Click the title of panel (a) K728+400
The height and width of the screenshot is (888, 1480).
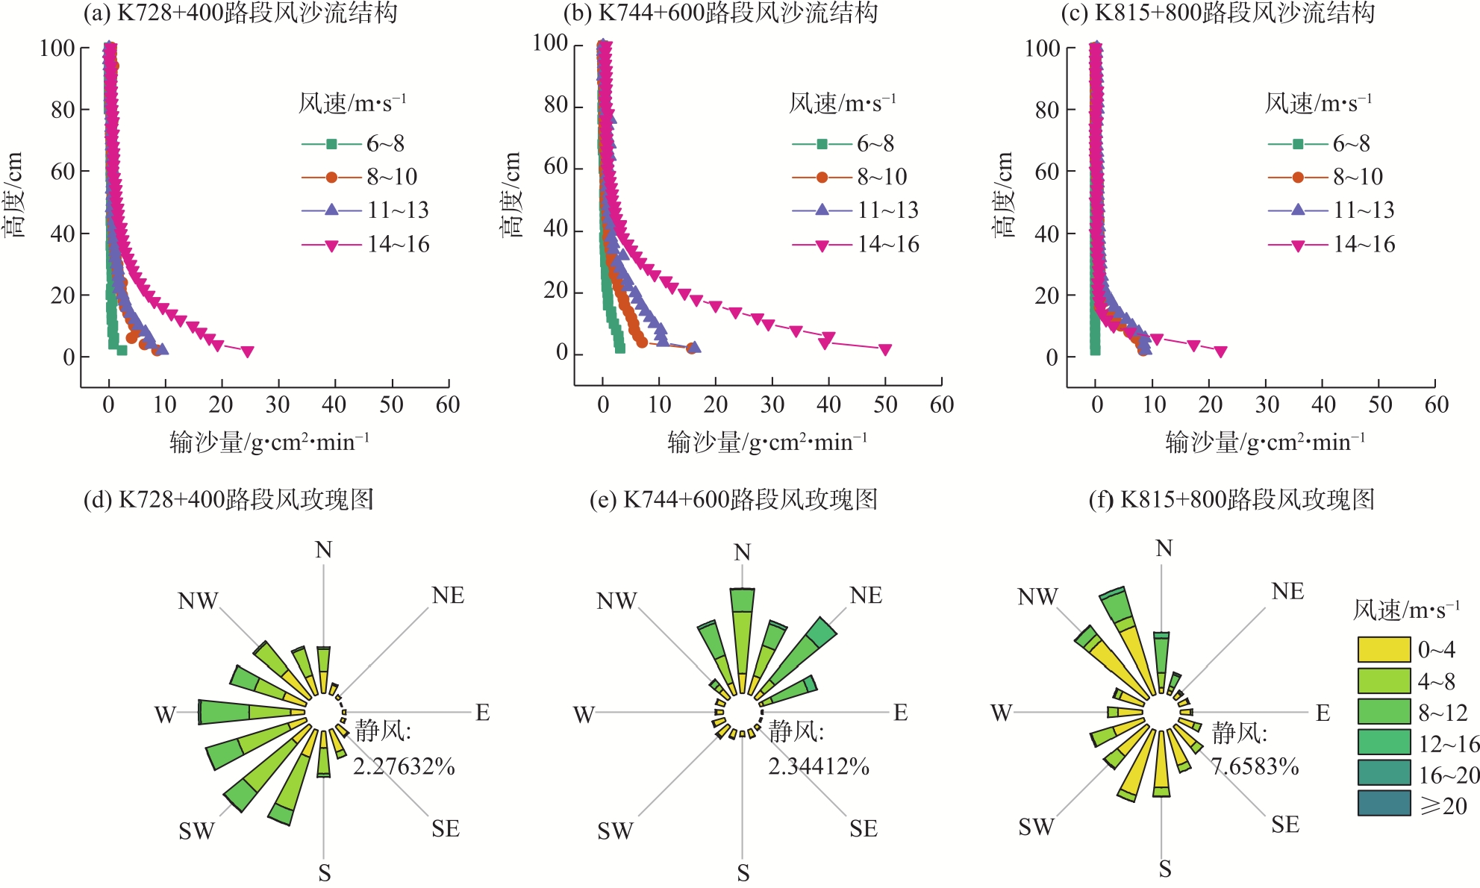point(240,13)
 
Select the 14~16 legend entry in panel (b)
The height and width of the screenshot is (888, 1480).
point(855,245)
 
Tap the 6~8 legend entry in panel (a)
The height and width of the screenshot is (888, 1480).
point(353,143)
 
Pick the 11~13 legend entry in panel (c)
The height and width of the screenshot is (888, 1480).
point(1331,210)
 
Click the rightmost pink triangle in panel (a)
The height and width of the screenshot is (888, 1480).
point(248,352)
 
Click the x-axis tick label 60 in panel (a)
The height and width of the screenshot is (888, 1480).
point(448,405)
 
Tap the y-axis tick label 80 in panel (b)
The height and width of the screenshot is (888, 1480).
point(556,105)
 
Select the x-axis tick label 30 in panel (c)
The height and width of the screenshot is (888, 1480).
point(1267,405)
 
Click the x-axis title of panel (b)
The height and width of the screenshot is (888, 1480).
point(767,443)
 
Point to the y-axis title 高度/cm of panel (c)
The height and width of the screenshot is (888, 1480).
point(1005,196)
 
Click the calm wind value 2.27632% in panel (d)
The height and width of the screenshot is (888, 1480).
point(404,766)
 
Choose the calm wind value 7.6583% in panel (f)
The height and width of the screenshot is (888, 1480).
point(1255,766)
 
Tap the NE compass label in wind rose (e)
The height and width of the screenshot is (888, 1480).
point(866,595)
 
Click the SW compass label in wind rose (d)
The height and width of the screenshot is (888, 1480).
point(196,831)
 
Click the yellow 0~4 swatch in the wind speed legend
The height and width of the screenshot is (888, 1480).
point(1384,650)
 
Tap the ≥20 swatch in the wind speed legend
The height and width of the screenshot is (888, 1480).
point(1384,804)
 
